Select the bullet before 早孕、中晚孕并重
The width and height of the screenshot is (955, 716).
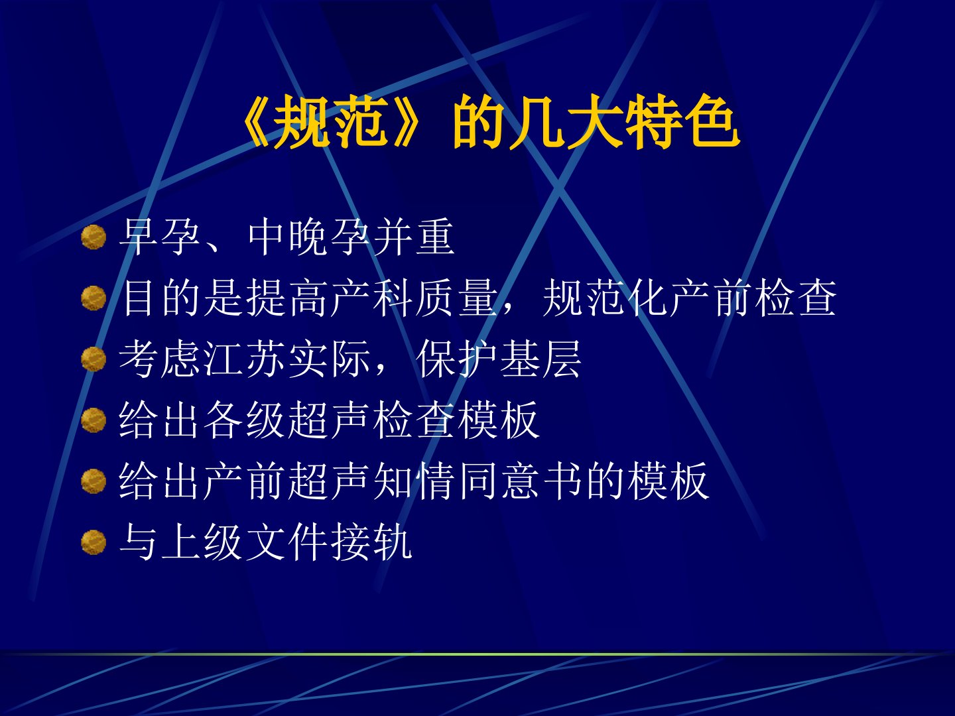coord(94,237)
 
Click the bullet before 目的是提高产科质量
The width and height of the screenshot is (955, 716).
coord(94,298)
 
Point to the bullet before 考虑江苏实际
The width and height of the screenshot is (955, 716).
coord(94,359)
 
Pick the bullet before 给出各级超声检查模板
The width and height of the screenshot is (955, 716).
coord(94,420)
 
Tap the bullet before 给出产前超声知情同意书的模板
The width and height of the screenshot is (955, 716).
coord(94,481)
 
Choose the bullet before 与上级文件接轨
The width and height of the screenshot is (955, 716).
coord(94,542)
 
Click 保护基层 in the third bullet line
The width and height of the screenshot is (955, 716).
coord(499,359)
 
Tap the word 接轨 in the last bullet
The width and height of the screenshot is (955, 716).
coord(372,541)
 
